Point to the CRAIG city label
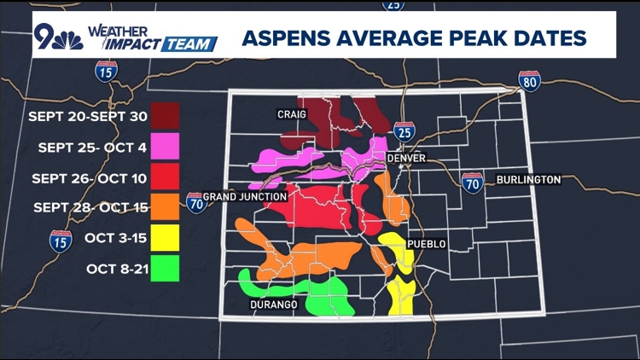[291, 113]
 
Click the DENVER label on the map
[405, 159]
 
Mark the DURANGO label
[274, 305]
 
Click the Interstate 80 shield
[529, 81]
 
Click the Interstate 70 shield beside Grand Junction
[196, 203]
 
